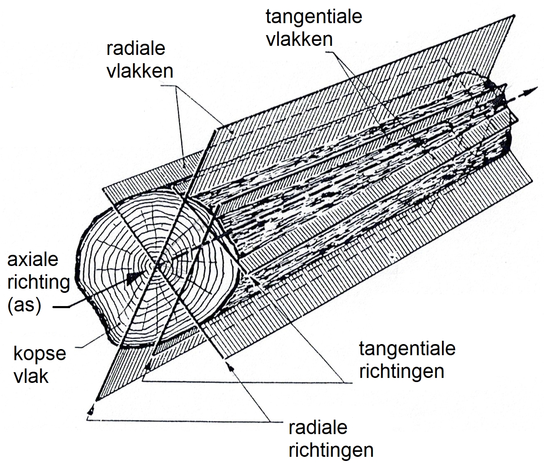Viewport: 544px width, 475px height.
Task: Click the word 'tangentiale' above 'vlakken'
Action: tap(314, 17)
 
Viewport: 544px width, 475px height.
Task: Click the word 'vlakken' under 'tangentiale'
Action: tap(299, 39)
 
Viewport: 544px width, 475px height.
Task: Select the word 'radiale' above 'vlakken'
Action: tap(136, 49)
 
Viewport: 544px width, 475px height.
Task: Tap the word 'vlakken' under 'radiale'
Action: tap(140, 71)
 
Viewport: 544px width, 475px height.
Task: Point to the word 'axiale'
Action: tap(33, 260)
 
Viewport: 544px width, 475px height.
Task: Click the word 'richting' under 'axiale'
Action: tap(39, 283)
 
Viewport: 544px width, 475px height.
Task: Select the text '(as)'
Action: tap(24, 306)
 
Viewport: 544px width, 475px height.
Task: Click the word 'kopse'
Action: tap(40, 354)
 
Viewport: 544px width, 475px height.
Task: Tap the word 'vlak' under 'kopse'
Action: tap(31, 376)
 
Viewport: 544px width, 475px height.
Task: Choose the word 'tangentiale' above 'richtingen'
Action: tap(407, 348)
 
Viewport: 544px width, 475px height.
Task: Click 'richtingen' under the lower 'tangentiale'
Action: tap(401, 371)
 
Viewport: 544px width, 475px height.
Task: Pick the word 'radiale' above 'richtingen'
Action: tap(318, 427)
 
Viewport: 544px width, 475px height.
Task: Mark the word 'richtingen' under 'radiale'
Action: tap(331, 450)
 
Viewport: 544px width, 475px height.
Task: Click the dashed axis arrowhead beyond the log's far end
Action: tap(532, 90)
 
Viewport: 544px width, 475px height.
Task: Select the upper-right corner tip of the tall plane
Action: tap(514, 16)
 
